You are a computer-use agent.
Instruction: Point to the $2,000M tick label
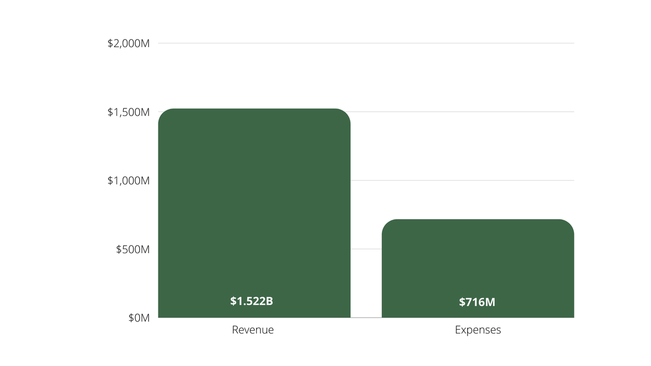pos(129,43)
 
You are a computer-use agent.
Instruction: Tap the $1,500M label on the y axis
pos(129,112)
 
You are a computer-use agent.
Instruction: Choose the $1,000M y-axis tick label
pos(129,181)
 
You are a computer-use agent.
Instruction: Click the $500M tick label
pos(133,249)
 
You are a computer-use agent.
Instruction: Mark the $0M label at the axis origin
pos(139,318)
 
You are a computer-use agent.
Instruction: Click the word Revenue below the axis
pos(253,330)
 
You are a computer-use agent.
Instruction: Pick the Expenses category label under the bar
pos(477,330)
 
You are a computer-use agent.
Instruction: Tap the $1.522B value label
pos(251,301)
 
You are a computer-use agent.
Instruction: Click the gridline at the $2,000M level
pos(366,43)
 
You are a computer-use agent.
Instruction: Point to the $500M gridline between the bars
pos(366,249)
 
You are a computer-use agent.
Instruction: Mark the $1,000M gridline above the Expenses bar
pos(477,181)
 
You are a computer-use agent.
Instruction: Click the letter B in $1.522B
pos(269,301)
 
